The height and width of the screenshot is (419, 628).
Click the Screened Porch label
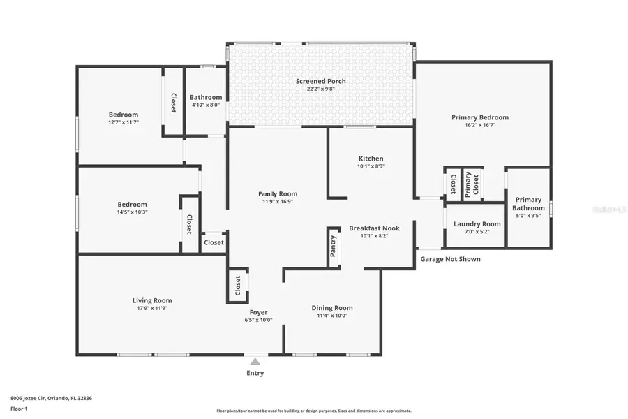pos(321,81)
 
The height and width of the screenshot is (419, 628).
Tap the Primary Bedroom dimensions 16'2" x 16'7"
pos(479,125)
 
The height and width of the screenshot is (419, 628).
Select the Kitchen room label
pos(371,159)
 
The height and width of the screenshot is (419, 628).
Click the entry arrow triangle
pos(255,361)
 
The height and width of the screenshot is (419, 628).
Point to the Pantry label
pos(334,247)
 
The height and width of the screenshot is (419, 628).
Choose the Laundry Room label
pos(477,224)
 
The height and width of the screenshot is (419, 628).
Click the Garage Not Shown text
pos(450,259)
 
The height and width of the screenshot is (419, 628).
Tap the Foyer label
pos(257,312)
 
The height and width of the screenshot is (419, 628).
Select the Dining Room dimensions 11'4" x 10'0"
pos(331,316)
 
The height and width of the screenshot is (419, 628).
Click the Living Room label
pos(152,300)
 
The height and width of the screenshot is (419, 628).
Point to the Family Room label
pos(278,194)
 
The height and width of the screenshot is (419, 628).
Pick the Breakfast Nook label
pos(374,228)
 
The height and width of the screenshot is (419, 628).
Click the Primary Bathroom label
pos(528,204)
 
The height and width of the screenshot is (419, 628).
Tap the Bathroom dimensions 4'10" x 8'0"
pos(205,105)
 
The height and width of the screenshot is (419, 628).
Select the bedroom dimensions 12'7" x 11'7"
pos(124,122)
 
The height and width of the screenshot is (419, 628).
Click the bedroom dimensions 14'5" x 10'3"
pos(132,212)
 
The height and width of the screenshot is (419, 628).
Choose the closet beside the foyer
pos(237,286)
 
